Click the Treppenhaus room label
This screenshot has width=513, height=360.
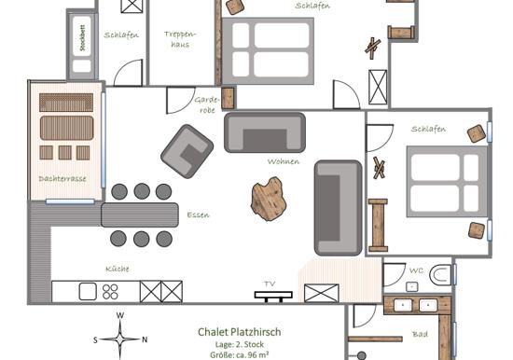180,39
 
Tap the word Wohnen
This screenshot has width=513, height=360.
284,161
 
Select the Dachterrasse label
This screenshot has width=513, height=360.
62,179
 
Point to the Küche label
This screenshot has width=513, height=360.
118,269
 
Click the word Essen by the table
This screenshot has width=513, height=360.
198,215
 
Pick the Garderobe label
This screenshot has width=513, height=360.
207,104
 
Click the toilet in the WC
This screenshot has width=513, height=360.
440,275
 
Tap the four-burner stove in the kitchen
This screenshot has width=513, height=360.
110,292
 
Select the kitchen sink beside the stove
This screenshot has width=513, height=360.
88,292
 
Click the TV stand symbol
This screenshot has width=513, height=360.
273,297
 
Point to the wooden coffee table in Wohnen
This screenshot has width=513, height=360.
267,199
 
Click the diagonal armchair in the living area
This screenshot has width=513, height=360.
187,151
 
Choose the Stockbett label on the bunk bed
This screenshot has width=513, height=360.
82,37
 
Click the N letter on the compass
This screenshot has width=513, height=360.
145,339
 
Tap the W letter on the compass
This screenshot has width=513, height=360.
120,315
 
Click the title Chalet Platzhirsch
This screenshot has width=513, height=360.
240,332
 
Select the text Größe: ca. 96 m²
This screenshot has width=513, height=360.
240,354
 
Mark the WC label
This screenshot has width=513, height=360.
417,270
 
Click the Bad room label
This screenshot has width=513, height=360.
420,334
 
